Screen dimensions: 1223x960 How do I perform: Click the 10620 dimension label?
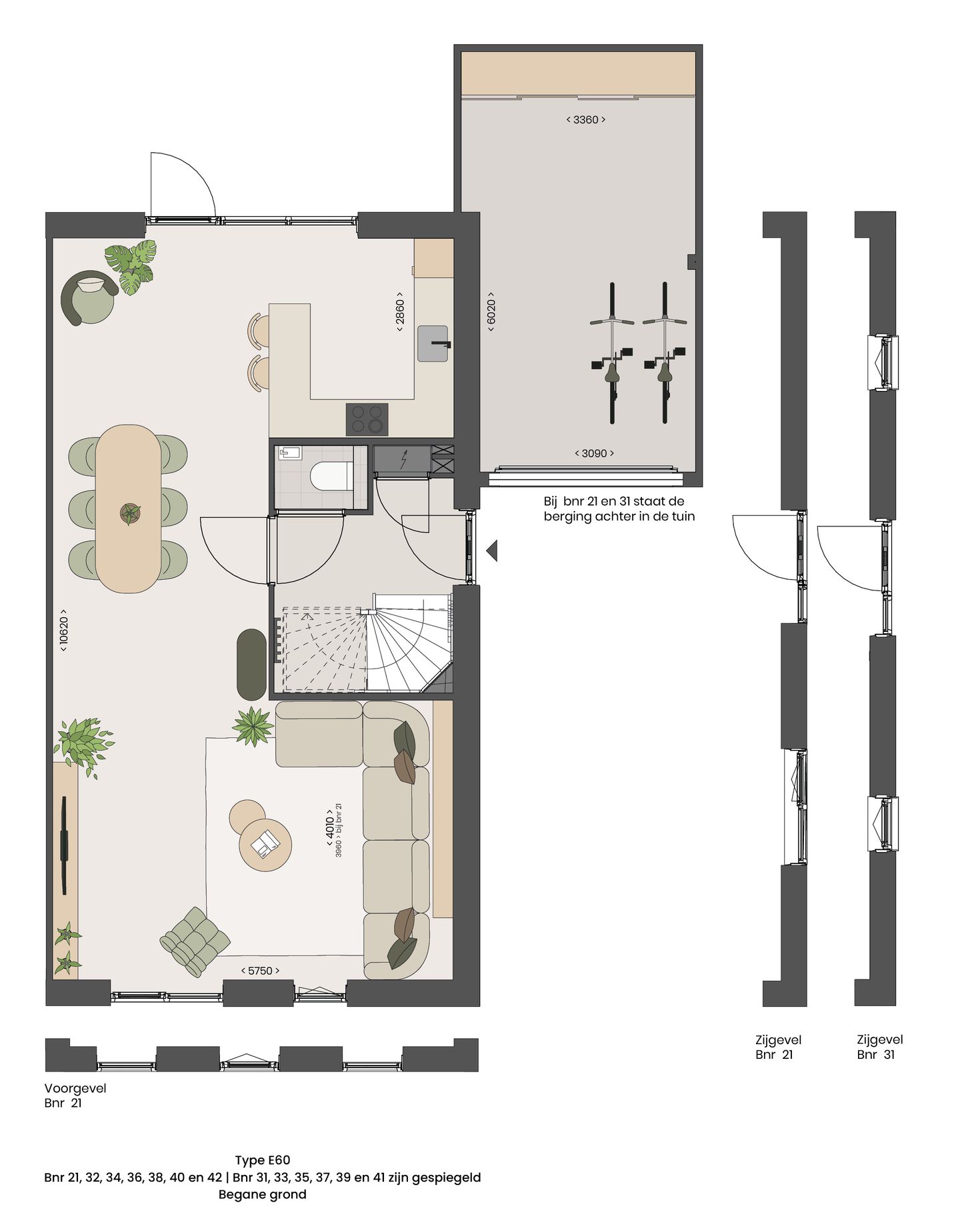pyautogui.click(x=63, y=630)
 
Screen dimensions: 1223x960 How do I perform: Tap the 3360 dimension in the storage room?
pyautogui.click(x=585, y=119)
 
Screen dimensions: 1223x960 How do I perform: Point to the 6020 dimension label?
pyautogui.click(x=491, y=312)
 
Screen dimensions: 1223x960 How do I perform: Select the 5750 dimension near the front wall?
pyautogui.click(x=260, y=971)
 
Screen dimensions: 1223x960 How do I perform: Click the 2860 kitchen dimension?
pyautogui.click(x=400, y=312)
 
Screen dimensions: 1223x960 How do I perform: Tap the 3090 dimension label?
pyautogui.click(x=594, y=453)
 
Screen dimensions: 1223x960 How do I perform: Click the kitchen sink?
pyautogui.click(x=433, y=344)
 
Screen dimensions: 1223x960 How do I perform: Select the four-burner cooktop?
pyautogui.click(x=367, y=420)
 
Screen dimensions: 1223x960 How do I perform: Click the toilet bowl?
pyautogui.click(x=330, y=476)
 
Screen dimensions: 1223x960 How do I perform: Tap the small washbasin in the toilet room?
pyautogui.click(x=290, y=454)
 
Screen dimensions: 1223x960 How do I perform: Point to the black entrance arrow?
pyautogui.click(x=492, y=551)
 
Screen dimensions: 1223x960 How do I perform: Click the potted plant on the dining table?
pyautogui.click(x=130, y=513)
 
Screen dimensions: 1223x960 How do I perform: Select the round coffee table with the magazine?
pyautogui.click(x=265, y=844)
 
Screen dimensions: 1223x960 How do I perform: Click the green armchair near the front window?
pyautogui.click(x=195, y=942)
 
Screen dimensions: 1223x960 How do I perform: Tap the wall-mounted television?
pyautogui.click(x=64, y=844)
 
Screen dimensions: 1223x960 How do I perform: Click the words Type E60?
pyautogui.click(x=262, y=1160)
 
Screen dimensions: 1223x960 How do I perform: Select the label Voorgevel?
pyautogui.click(x=75, y=1088)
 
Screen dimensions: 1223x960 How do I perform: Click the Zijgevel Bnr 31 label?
pyautogui.click(x=879, y=1047)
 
